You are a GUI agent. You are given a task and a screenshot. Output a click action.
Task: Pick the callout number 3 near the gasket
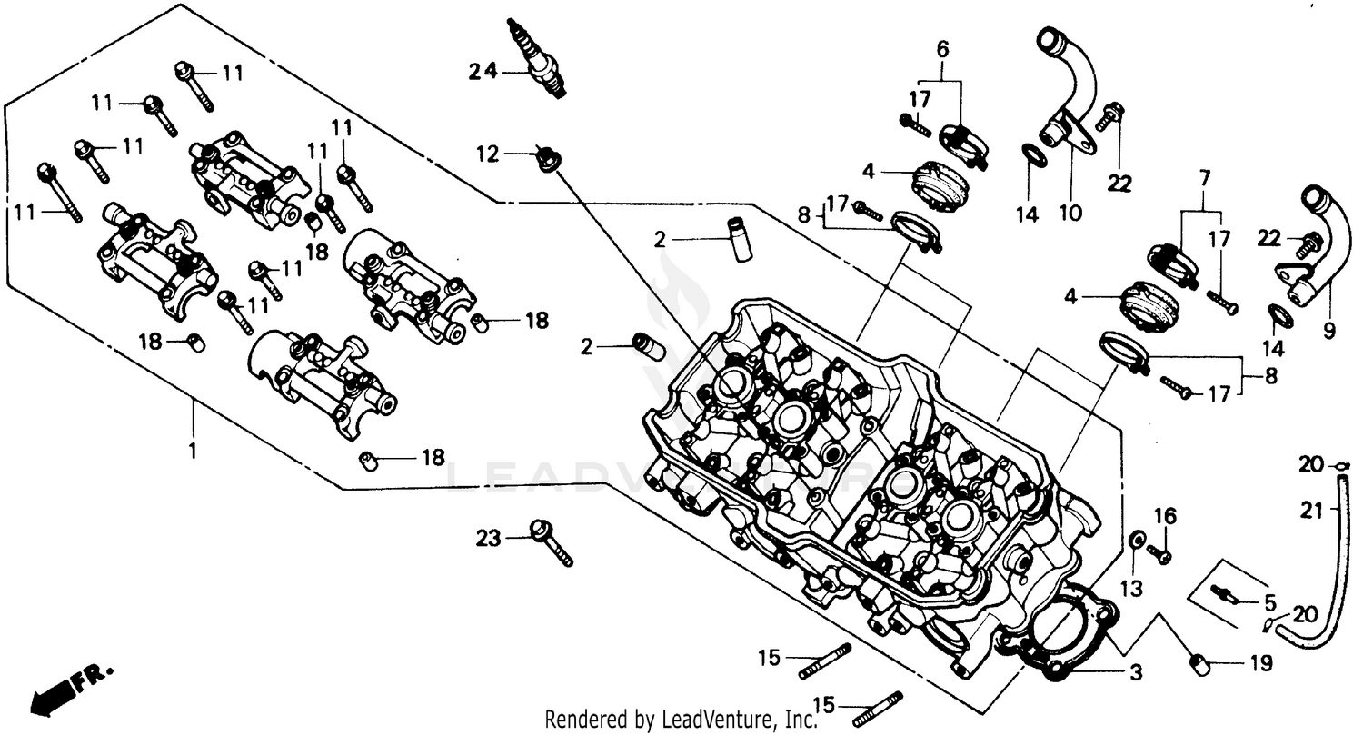tap(1136, 673)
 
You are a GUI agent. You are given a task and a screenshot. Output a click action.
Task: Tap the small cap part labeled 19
tap(1199, 666)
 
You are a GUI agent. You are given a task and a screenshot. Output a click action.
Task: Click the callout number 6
tap(942, 48)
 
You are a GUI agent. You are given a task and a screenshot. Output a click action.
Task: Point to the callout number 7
tap(1205, 178)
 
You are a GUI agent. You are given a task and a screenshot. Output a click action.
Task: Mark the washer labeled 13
tap(1136, 541)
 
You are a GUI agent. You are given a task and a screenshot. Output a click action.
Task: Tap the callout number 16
tap(1165, 517)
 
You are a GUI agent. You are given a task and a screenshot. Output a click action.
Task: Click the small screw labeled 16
tap(1159, 551)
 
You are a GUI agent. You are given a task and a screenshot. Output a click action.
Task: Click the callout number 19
tap(1259, 664)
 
